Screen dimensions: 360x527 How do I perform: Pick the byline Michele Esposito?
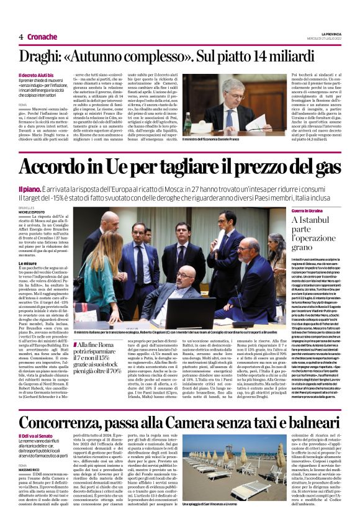(x=32, y=212)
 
